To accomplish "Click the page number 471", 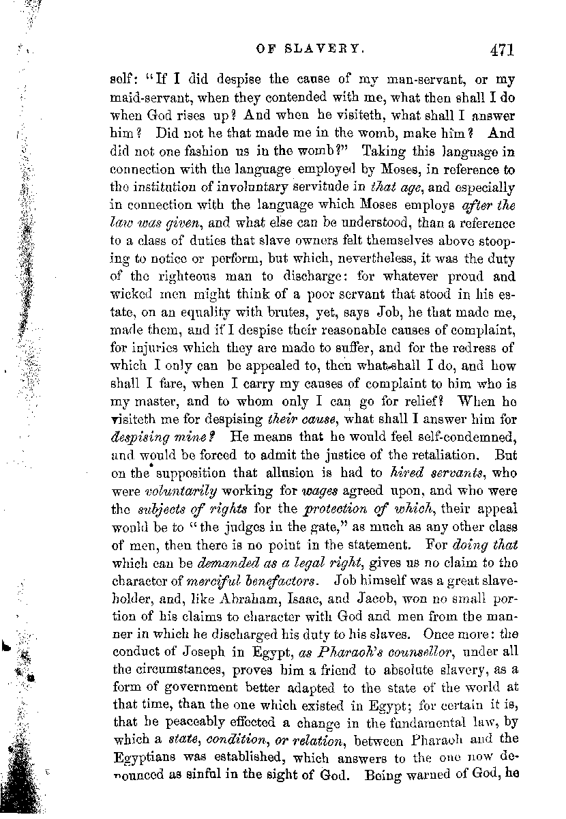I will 500,48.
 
